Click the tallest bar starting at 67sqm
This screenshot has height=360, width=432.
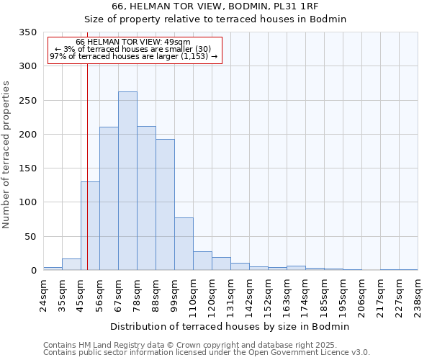coord(127,181)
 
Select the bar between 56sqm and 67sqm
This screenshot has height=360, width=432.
coord(109,199)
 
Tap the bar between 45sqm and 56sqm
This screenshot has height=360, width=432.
coord(90,226)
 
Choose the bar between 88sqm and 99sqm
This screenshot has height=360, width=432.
coord(165,204)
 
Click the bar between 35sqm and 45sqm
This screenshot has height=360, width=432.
coord(71,264)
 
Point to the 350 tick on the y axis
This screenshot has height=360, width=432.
coord(28,32)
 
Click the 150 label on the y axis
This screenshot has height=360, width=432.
coord(28,168)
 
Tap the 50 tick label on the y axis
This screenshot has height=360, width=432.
coord(31,237)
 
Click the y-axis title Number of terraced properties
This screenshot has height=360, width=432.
coord(7,155)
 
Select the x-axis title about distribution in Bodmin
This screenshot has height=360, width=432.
coord(230,326)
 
